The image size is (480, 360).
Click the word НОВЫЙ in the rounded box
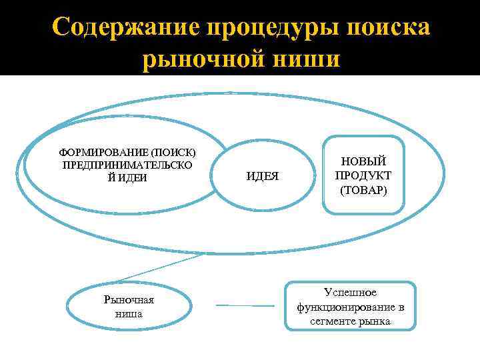pos(364,162)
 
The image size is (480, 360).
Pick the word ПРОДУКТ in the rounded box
pos(364,176)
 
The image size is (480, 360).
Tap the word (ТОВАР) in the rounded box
pos(364,190)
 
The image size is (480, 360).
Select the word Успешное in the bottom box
pos(350,293)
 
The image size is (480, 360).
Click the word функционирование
pos(344,307)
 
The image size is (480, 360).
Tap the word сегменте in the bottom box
pos(335,321)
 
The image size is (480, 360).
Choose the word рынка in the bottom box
pos(375,321)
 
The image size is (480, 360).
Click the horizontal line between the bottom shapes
pos(245,306)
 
